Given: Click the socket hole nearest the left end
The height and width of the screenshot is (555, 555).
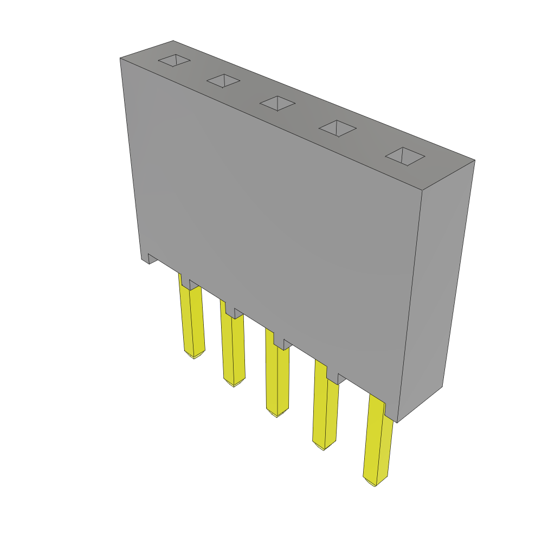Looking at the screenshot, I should [x=174, y=60].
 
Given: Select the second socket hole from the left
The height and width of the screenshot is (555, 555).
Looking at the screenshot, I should [x=223, y=81].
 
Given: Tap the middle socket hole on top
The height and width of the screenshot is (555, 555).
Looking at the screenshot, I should [x=277, y=103].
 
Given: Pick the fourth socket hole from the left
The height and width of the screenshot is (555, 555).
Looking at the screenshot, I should [x=337, y=128].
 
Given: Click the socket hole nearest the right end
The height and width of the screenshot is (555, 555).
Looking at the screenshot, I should [x=405, y=156].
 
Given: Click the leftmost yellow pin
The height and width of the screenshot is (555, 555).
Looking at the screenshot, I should [x=192, y=320].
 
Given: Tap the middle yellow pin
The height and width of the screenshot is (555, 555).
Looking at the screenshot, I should [x=277, y=379].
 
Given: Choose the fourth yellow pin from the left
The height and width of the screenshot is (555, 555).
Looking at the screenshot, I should [x=325, y=412].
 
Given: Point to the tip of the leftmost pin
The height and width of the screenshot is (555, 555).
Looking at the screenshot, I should [x=194, y=356].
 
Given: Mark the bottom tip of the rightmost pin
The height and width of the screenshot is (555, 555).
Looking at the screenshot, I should [x=375, y=484].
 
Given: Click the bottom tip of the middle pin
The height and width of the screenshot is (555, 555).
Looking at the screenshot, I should [x=277, y=415].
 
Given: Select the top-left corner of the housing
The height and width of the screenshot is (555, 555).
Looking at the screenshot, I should [x=120, y=59].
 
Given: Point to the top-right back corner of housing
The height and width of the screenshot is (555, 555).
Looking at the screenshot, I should [x=474, y=160].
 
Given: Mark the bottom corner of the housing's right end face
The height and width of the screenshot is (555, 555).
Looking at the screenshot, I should [x=398, y=422].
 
